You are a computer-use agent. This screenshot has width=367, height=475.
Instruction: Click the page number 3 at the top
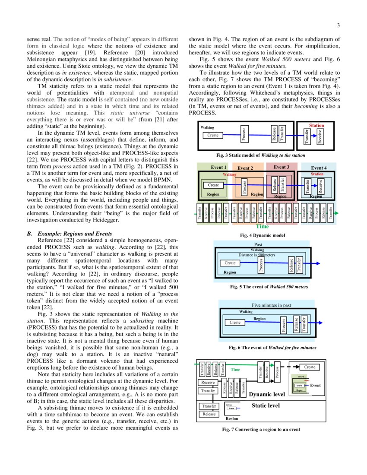click(x=339, y=25)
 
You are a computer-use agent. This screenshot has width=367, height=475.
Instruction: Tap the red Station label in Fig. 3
click(x=316, y=126)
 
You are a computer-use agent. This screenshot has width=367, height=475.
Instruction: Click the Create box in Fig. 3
click(x=213, y=135)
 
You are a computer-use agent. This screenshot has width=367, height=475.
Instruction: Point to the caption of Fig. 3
click(x=263, y=155)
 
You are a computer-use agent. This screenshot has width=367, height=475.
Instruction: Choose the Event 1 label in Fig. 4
click(x=219, y=168)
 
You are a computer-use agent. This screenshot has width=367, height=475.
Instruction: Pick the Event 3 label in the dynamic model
click(x=281, y=167)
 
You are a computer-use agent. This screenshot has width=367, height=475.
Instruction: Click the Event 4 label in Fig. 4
click(x=319, y=168)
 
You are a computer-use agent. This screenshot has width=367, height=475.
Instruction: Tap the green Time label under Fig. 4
click(x=262, y=226)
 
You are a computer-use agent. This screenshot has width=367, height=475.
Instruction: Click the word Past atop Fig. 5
click(x=258, y=244)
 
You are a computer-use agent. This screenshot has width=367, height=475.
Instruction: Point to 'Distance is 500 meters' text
click(x=257, y=255)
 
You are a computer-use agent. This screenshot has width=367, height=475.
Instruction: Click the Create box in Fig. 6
click(x=235, y=322)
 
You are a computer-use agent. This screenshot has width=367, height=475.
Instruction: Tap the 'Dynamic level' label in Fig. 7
click(x=267, y=394)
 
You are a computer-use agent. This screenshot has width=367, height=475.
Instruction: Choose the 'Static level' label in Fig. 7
click(x=266, y=405)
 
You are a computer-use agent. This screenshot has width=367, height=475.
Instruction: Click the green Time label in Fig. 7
click(x=235, y=370)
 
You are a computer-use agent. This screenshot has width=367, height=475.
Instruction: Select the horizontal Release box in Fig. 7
click(x=209, y=414)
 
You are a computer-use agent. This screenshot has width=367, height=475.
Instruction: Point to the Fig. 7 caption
click(x=261, y=429)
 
